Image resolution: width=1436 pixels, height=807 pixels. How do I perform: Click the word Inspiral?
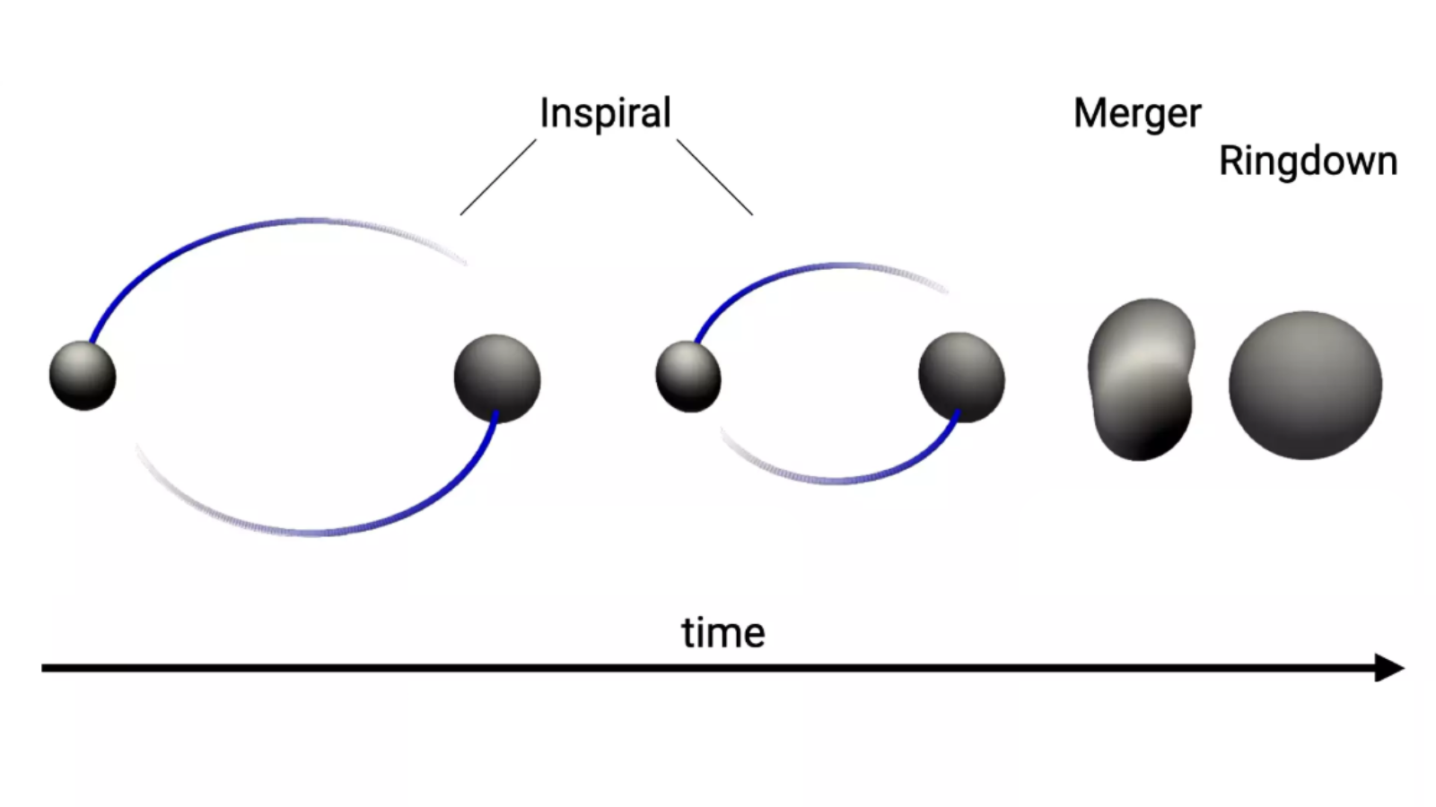click(x=605, y=114)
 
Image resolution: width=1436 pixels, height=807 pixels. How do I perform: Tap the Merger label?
click(x=1137, y=114)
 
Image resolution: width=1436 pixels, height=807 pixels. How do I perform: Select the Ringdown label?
click(x=1308, y=161)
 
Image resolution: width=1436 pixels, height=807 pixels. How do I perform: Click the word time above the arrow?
click(x=722, y=633)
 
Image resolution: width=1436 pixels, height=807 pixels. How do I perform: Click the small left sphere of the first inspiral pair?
click(x=83, y=375)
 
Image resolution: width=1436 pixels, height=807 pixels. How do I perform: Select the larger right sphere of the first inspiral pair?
click(x=497, y=377)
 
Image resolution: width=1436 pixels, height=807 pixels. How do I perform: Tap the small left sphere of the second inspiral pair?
click(x=688, y=377)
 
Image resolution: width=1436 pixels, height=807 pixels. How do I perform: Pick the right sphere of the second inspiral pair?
click(x=961, y=377)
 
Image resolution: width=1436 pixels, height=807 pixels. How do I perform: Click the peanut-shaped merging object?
click(x=1142, y=378)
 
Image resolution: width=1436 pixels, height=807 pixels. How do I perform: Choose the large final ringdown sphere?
click(x=1305, y=385)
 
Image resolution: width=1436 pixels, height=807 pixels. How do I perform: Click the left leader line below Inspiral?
click(x=498, y=177)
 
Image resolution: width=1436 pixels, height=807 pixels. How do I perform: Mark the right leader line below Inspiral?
click(x=714, y=177)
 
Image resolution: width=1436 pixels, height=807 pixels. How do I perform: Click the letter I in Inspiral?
click(x=544, y=114)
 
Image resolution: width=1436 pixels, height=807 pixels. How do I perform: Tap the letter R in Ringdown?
click(x=1230, y=161)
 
